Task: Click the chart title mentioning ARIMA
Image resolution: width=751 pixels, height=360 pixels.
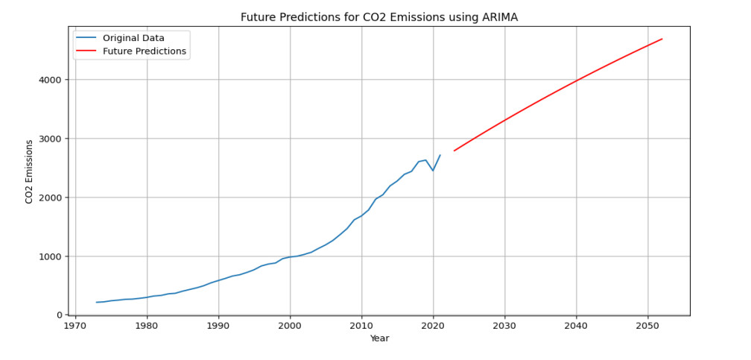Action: coord(378,17)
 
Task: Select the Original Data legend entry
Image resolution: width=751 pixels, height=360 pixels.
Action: coord(133,38)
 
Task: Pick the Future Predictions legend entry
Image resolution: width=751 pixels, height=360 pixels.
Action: coord(144,51)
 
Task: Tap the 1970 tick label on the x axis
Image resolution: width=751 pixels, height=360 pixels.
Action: coord(75,326)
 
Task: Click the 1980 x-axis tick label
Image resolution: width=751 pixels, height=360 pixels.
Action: coord(147,326)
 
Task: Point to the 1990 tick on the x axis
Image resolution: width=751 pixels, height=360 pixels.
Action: coord(218,326)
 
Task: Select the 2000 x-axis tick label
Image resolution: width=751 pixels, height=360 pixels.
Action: coord(290,326)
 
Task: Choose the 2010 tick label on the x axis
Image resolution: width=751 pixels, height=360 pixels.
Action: coord(361,326)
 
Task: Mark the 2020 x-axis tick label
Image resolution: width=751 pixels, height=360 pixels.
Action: coord(433,326)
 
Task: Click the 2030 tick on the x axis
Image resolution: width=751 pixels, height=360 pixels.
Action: coord(504,326)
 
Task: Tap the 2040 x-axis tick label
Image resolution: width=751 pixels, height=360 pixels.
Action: coord(576,326)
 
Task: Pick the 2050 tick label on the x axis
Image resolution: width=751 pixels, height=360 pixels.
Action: coord(647,326)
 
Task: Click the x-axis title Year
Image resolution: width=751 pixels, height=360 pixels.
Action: coord(379,338)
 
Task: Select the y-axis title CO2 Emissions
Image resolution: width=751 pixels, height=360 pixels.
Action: coord(29,171)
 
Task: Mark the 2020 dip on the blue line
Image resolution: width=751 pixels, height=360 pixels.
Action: coord(433,171)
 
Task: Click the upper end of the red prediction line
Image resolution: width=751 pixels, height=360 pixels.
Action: coord(662,39)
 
